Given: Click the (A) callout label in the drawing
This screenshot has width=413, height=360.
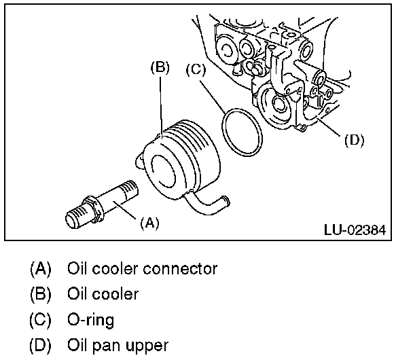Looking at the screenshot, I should [149, 222].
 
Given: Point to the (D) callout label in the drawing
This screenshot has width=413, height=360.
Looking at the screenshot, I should [354, 141].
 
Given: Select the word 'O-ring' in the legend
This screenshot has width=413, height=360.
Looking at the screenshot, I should [90, 319].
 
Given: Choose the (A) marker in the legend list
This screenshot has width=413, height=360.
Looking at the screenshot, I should [41, 269].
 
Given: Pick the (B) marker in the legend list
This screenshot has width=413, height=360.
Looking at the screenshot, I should [41, 294].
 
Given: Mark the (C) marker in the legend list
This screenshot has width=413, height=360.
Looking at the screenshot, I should [41, 319].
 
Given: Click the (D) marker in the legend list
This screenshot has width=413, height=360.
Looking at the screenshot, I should [41, 344].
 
